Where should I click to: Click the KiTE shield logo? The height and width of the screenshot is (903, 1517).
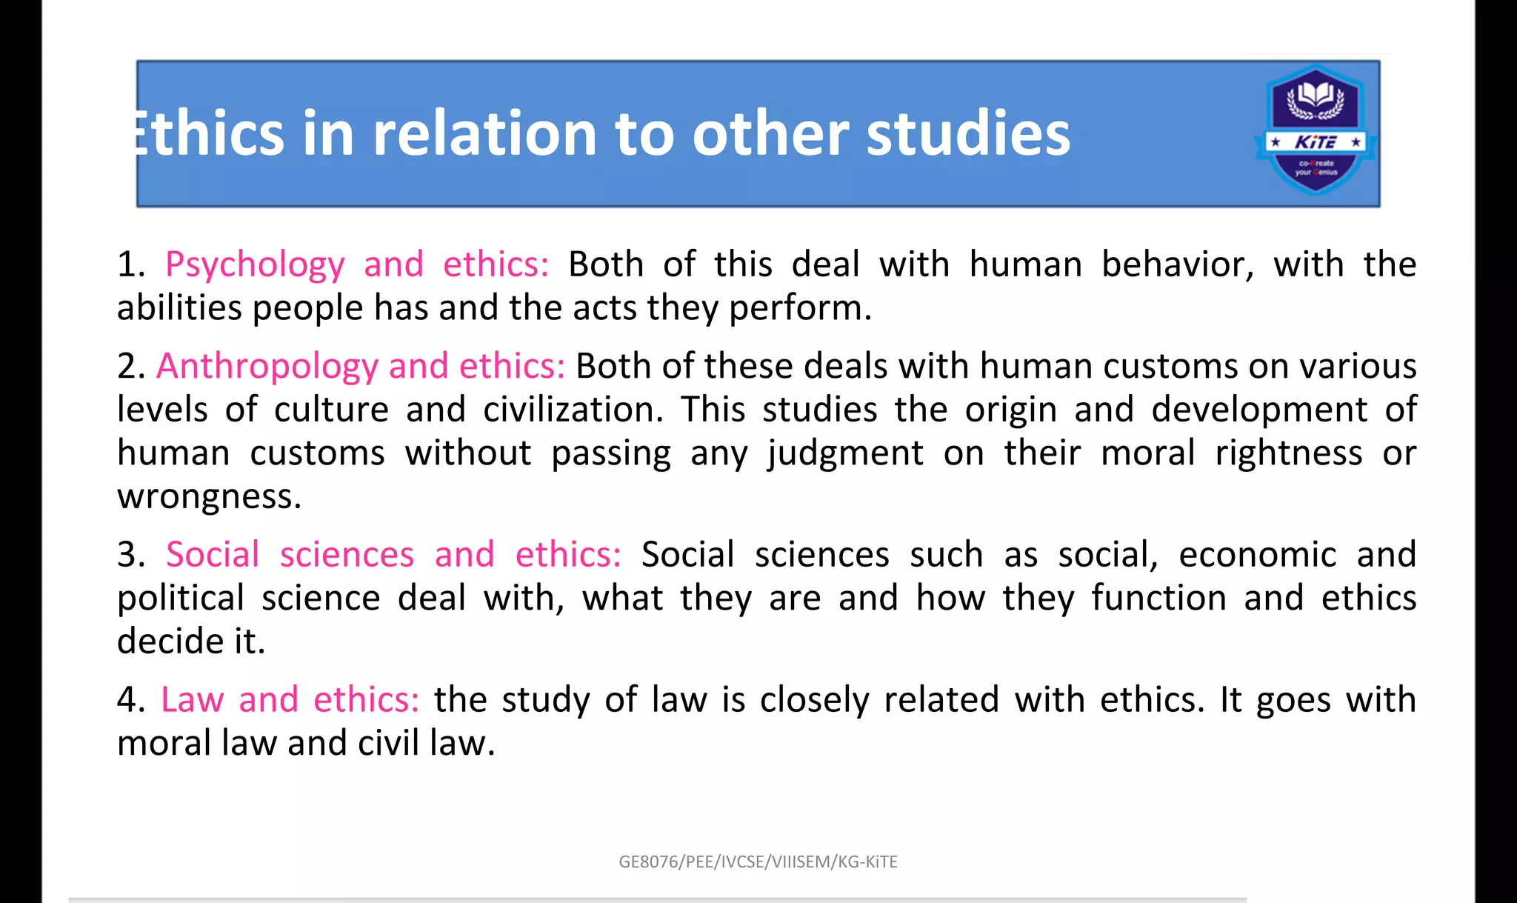pyautogui.click(x=1316, y=130)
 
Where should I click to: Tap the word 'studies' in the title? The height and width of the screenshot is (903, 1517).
pyautogui.click(x=968, y=133)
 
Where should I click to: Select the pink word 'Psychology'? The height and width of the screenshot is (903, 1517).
pyautogui.click(x=255, y=265)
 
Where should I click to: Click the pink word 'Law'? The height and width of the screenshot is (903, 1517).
pyautogui.click(x=193, y=700)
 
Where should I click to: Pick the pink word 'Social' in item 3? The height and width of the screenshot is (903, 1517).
pyautogui.click(x=213, y=555)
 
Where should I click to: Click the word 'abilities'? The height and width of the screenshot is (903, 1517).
pyautogui.click(x=179, y=307)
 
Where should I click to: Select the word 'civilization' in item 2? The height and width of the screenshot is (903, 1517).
pyautogui.click(x=573, y=410)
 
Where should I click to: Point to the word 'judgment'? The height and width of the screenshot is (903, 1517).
pyautogui.click(x=845, y=453)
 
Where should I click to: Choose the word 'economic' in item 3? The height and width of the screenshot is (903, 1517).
pyautogui.click(x=1257, y=555)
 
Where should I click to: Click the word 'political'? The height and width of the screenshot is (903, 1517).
pyautogui.click(x=181, y=599)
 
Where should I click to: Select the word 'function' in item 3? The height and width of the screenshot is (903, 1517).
pyautogui.click(x=1158, y=599)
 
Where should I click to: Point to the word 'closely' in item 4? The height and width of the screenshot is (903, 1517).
pyautogui.click(x=814, y=700)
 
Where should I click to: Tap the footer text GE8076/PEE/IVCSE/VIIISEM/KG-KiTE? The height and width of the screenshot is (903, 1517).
pyautogui.click(x=758, y=862)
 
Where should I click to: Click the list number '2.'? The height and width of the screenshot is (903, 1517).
pyautogui.click(x=131, y=367)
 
